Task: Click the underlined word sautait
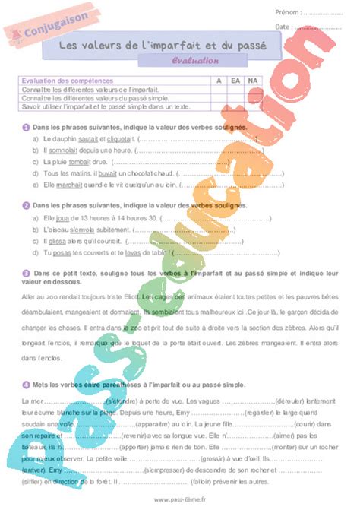[87, 139]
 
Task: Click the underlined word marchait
[71, 184]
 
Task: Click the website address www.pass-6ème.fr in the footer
[180, 499]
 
